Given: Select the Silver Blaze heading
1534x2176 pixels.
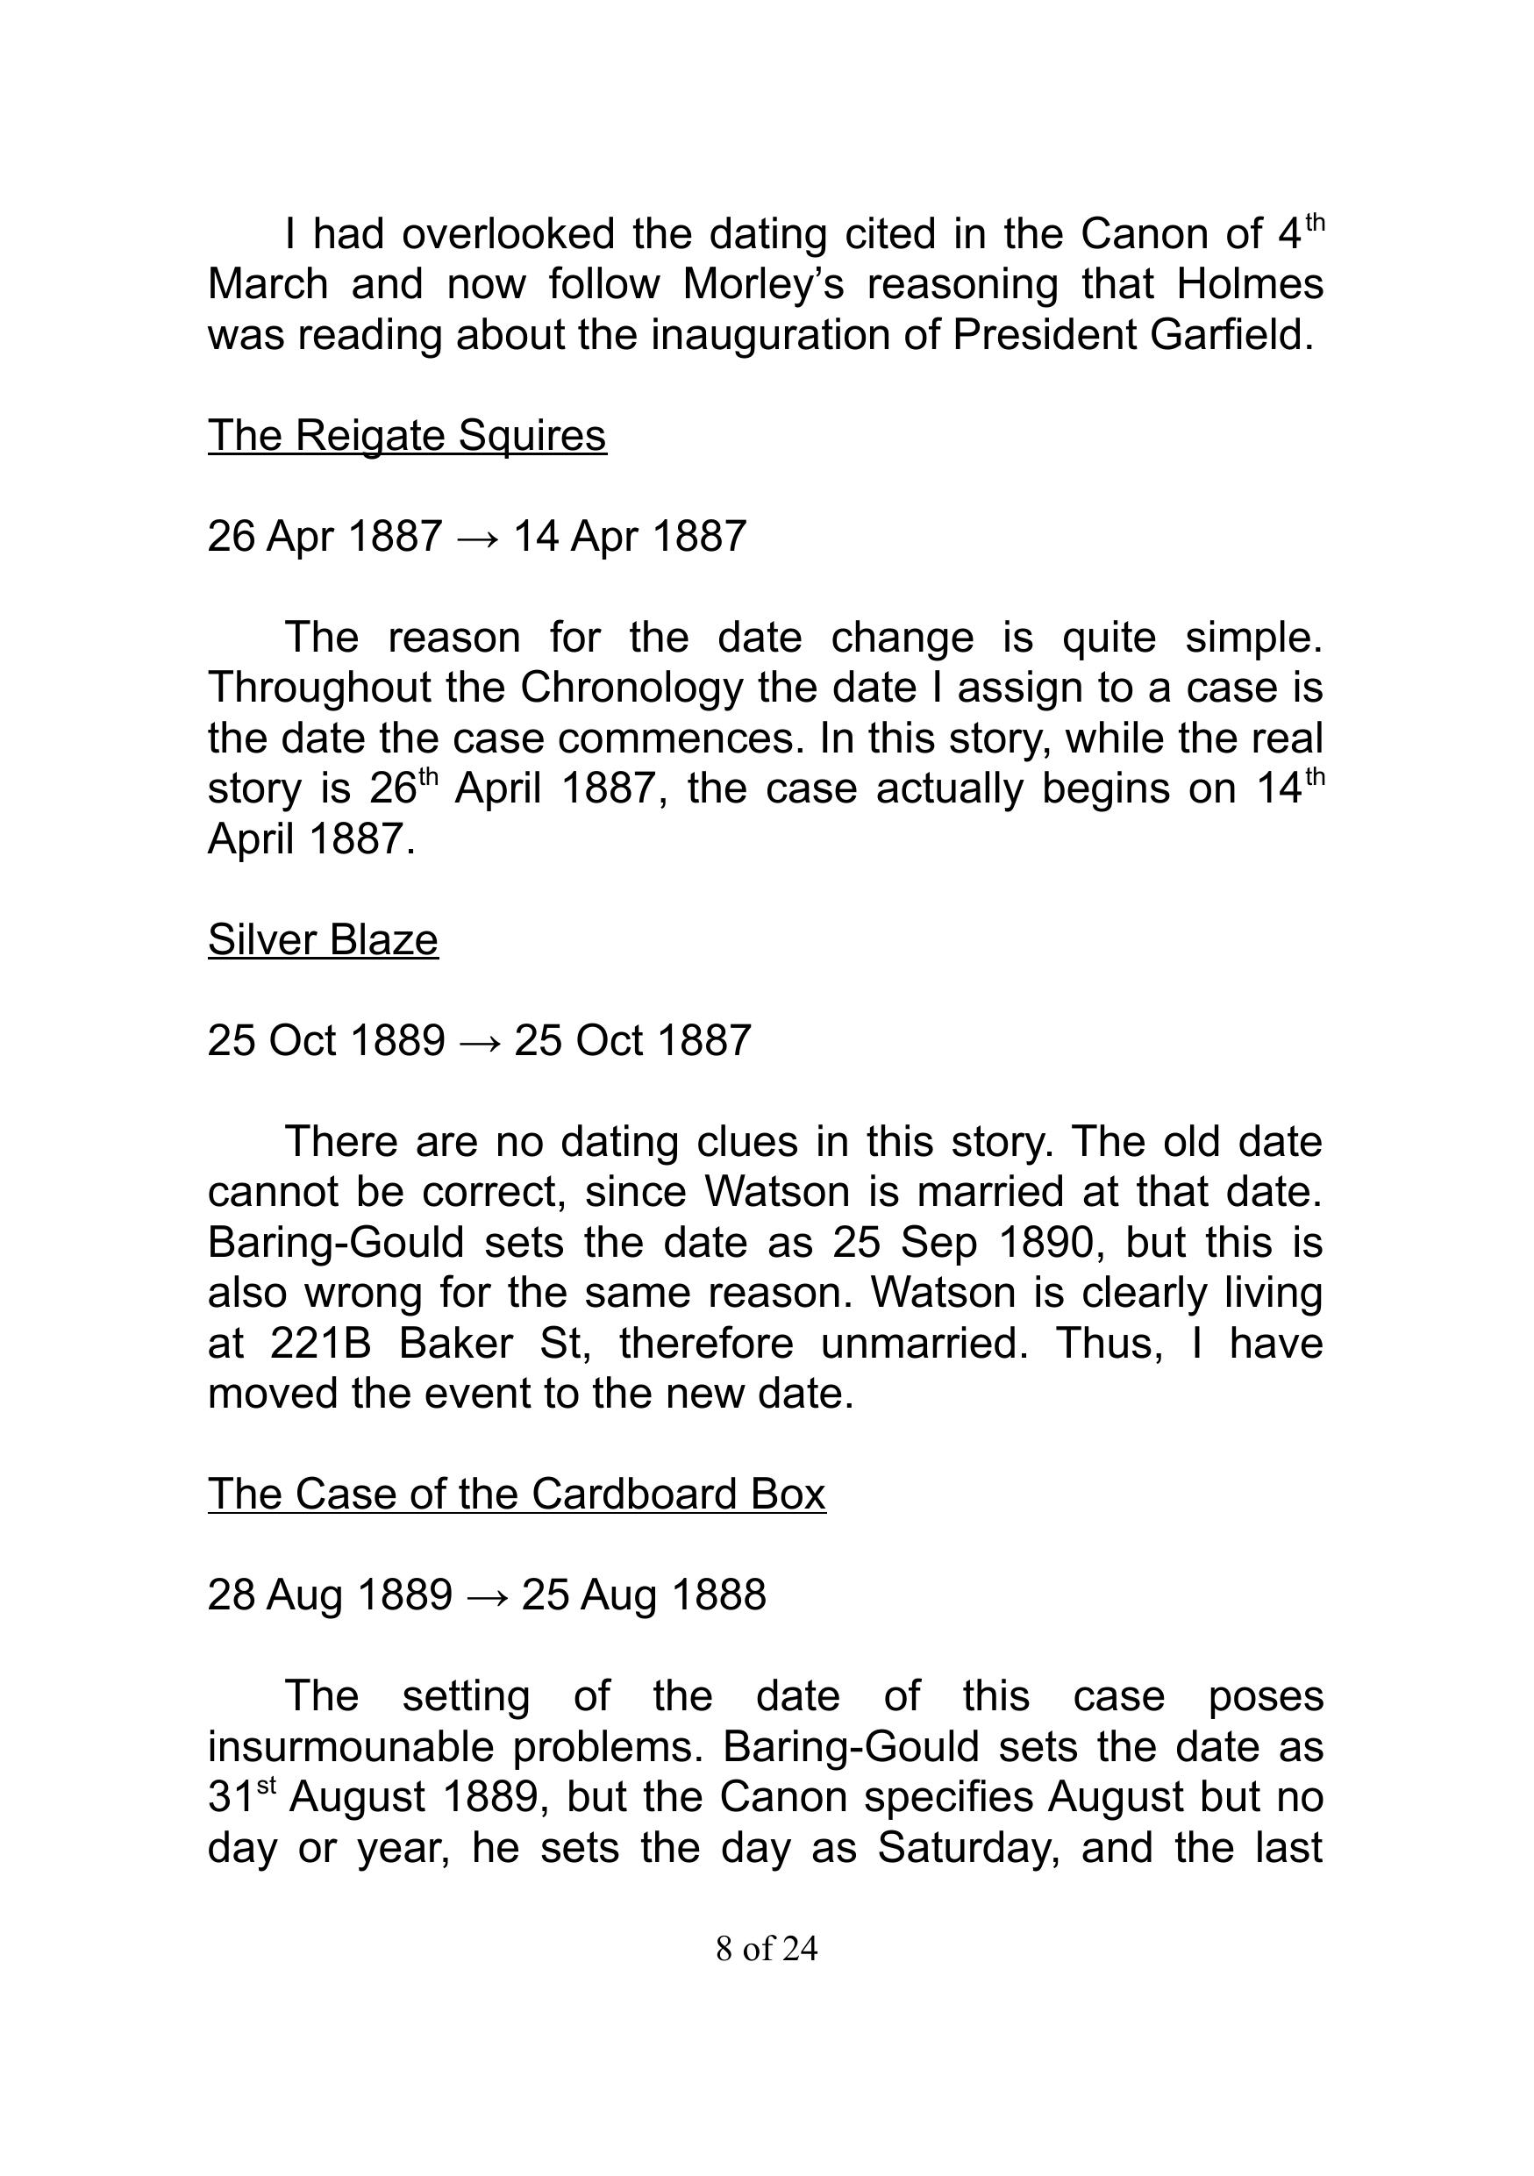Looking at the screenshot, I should (x=323, y=940).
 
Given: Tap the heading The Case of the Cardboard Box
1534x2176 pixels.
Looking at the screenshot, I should (x=517, y=1495).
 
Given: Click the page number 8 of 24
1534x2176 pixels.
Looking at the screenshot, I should (x=767, y=1949).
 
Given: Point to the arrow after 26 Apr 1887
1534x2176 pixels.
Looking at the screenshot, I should (x=477, y=539).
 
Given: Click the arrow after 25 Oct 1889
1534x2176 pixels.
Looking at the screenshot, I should (x=480, y=1043).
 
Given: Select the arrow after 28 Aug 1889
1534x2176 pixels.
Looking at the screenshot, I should (x=487, y=1597).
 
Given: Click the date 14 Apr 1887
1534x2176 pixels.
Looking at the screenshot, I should (x=629, y=538).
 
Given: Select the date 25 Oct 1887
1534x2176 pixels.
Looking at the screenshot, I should (x=632, y=1042).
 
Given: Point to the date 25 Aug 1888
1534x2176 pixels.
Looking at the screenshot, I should (x=644, y=1596).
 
